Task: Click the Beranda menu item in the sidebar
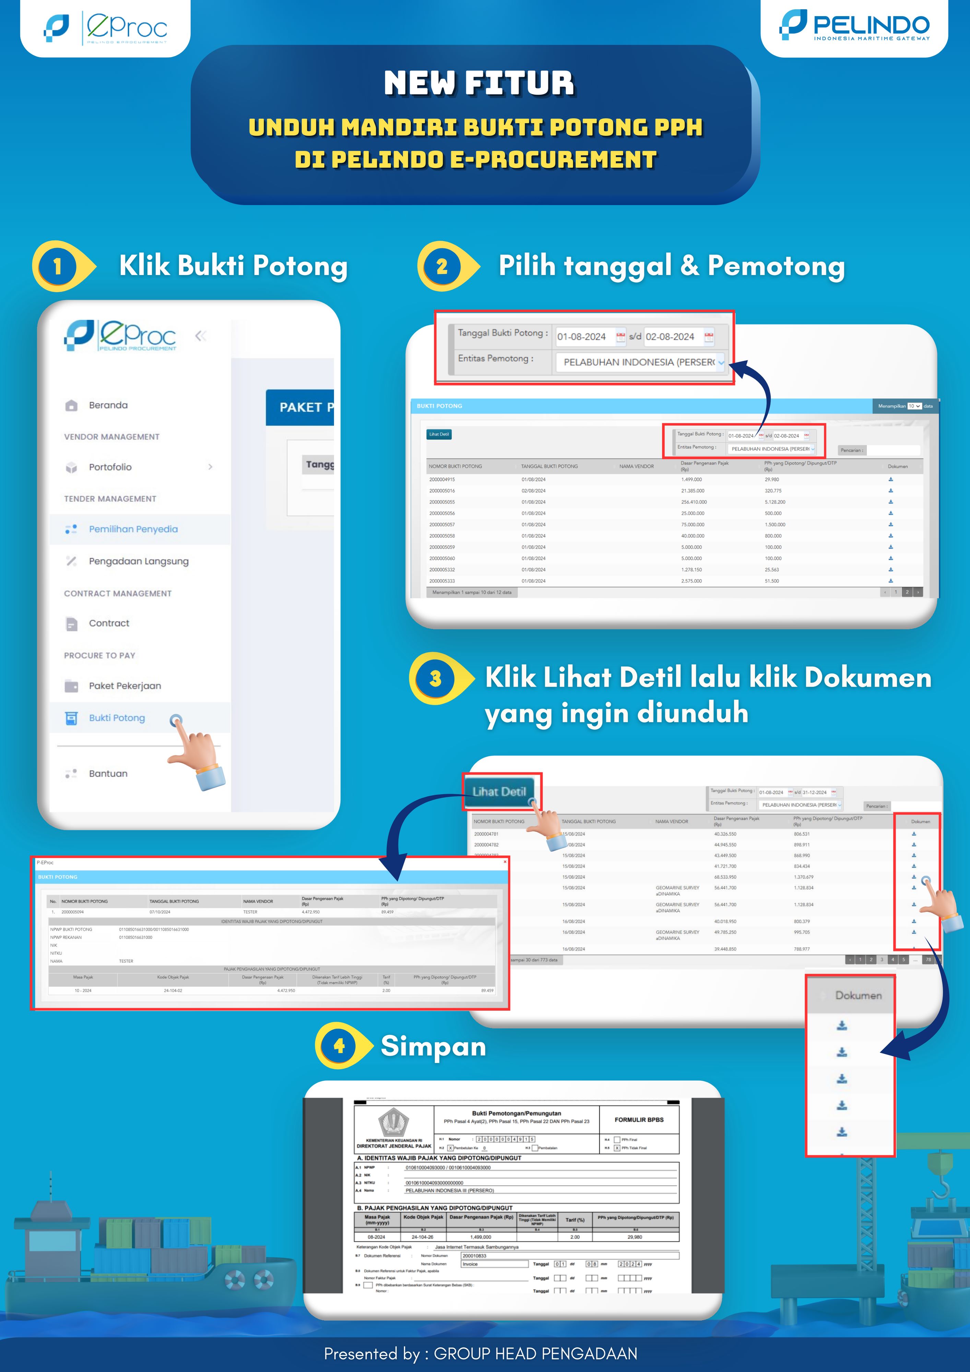point(108,405)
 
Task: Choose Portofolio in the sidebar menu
point(110,467)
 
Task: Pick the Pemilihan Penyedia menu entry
point(133,529)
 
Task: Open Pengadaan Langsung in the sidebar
point(138,561)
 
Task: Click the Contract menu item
point(109,623)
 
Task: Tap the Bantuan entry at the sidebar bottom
point(108,773)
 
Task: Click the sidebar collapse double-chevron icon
point(201,336)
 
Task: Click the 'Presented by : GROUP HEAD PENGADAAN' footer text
point(481,1353)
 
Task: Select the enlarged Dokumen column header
point(858,995)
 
